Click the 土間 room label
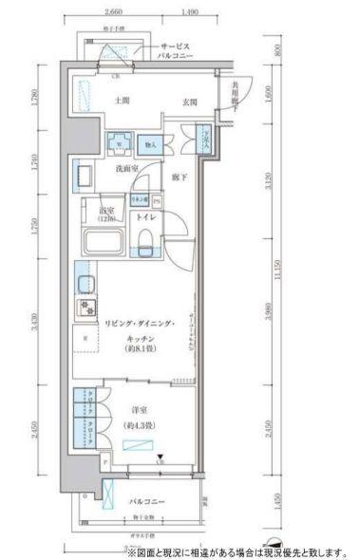121,100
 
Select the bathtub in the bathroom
105,241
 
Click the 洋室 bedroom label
139,410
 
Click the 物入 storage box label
150,144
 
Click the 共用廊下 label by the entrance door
236,94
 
